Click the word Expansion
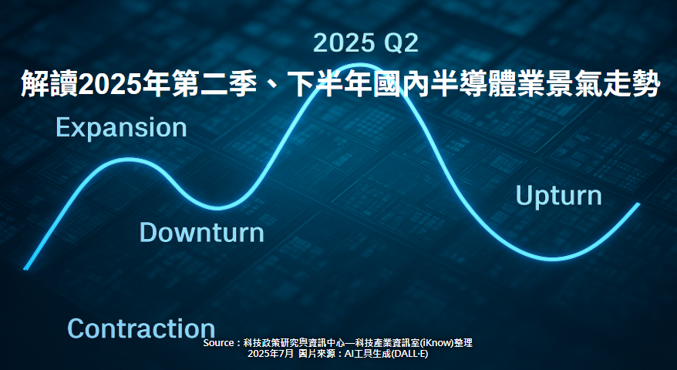click(121, 128)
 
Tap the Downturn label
click(201, 232)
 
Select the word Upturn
click(559, 196)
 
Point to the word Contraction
click(141, 328)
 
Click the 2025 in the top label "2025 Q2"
click(344, 43)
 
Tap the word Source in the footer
click(218, 343)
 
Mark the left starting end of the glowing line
click(25, 268)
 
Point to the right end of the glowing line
click(638, 203)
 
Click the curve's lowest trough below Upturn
click(553, 259)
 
